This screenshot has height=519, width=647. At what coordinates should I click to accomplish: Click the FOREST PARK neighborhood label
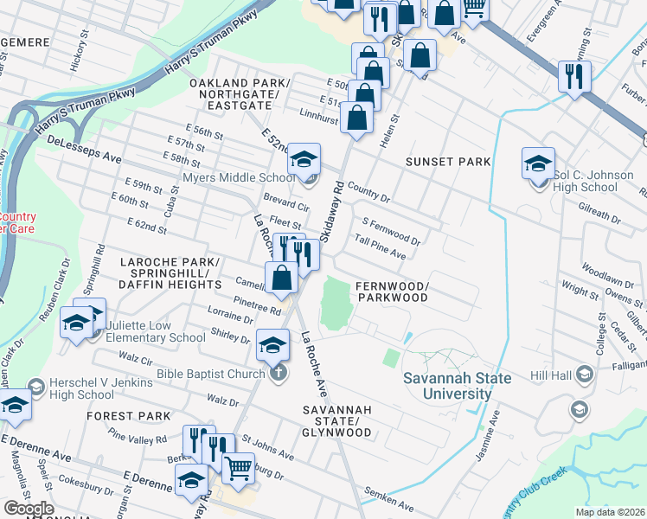[x=129, y=416]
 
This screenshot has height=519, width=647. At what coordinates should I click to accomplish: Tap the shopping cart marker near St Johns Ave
[x=238, y=468]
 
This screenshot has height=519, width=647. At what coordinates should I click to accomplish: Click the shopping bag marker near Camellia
[x=282, y=277]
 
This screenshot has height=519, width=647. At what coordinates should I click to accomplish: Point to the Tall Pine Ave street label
[x=380, y=247]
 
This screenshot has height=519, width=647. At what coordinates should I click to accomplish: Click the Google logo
[x=28, y=509]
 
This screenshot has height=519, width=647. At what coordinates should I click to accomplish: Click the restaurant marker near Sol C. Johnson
[x=573, y=76]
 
